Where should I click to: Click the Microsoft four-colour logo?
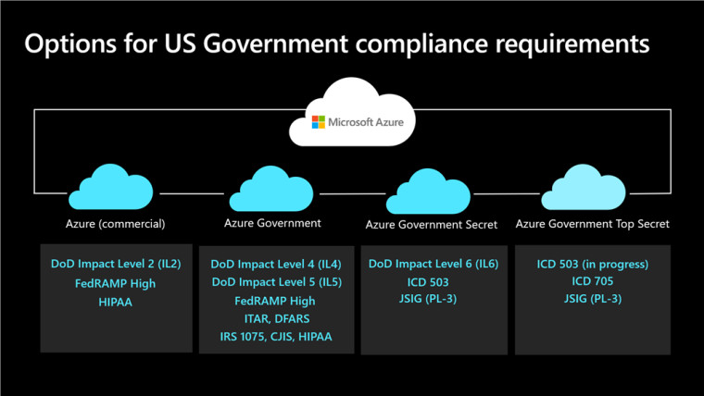(319, 122)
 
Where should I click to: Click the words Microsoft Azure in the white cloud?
(366, 122)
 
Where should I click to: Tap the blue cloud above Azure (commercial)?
(111, 187)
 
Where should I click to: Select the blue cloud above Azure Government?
(271, 189)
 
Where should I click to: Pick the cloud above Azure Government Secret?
(428, 191)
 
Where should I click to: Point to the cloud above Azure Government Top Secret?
(584, 187)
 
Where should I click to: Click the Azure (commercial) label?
(116, 223)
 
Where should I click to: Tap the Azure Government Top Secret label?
(592, 224)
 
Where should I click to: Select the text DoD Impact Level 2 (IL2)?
(116, 264)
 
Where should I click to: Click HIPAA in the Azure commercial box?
(116, 303)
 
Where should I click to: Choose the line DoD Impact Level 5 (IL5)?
(277, 282)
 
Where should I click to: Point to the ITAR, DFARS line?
(277, 319)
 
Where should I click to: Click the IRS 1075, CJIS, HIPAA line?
(276, 337)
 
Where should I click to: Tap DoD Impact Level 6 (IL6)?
(434, 264)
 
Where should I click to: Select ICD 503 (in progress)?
(593, 264)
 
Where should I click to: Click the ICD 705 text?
(593, 281)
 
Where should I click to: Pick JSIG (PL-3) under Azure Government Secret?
(428, 299)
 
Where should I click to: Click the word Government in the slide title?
(275, 44)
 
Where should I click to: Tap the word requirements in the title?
(572, 44)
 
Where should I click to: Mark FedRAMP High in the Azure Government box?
(275, 301)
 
